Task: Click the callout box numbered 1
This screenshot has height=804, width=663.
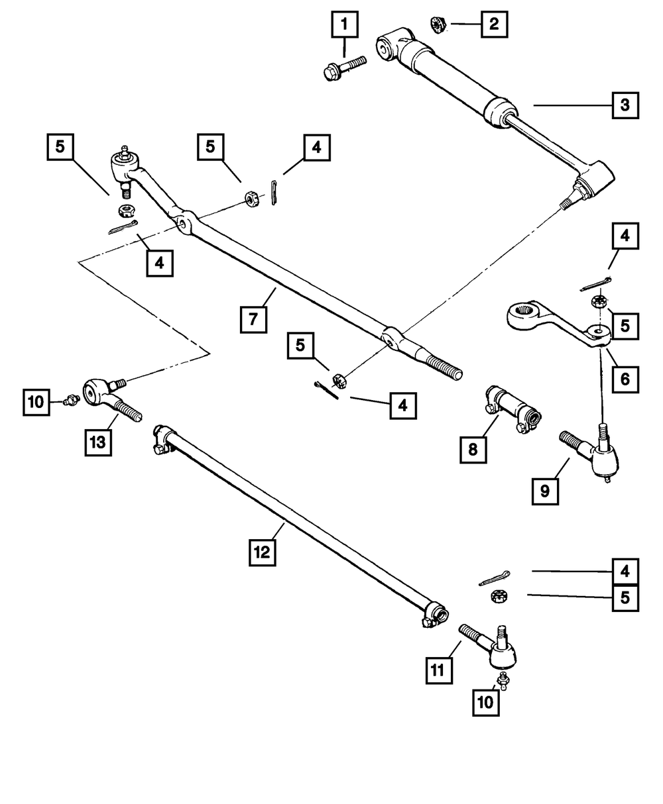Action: click(x=345, y=25)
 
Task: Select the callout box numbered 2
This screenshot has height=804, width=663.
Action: click(x=494, y=25)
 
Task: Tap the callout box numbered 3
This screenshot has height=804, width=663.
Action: click(x=625, y=105)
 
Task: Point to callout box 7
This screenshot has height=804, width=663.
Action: click(x=253, y=319)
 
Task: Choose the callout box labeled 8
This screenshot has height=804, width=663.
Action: click(x=473, y=450)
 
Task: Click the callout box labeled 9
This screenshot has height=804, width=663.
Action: click(x=545, y=491)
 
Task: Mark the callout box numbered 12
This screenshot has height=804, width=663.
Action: click(x=262, y=552)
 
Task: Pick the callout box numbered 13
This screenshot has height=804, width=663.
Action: click(x=98, y=443)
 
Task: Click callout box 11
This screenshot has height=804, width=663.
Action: click(x=439, y=671)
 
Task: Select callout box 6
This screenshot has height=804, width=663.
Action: click(x=625, y=379)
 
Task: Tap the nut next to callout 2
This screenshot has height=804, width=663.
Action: click(x=438, y=25)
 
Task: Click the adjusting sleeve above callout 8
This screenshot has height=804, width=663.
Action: click(x=513, y=409)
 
